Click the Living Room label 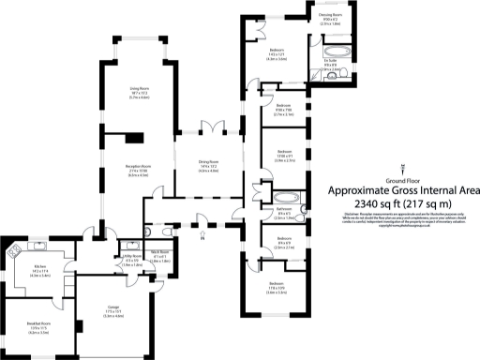[x=141, y=90]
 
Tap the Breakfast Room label [x=37, y=324]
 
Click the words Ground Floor [x=402, y=178]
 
